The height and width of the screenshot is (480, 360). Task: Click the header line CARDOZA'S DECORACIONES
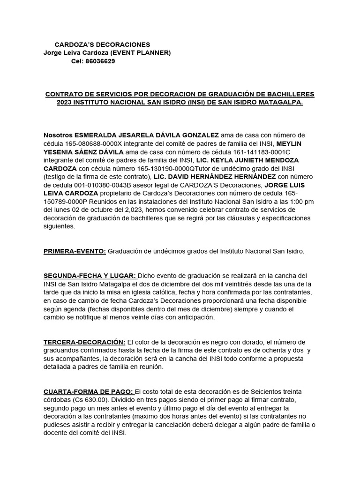[x=102, y=44]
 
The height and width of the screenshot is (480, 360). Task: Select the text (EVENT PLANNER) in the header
[x=143, y=53]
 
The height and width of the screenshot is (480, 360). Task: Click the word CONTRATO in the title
[x=62, y=94]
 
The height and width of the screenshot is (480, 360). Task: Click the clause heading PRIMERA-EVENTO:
[x=75, y=251]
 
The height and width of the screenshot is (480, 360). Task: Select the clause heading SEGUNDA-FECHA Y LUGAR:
[x=90, y=275]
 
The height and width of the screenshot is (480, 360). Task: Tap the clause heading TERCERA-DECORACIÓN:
[x=84, y=342]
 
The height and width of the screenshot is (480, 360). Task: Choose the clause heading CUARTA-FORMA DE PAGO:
[x=89, y=391]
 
